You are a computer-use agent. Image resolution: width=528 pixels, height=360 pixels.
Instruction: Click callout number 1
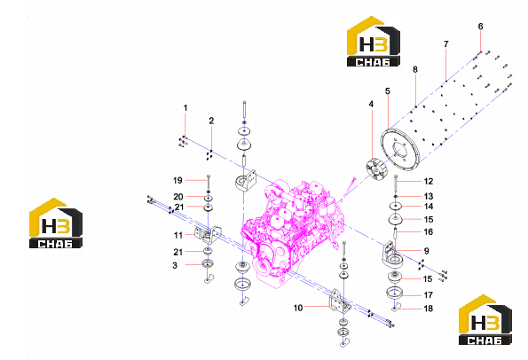point(185,108)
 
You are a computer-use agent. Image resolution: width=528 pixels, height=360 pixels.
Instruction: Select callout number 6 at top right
point(480,27)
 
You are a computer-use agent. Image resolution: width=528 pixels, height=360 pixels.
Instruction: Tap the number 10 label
point(298,308)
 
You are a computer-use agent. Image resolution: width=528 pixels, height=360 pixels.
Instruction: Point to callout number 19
point(177,181)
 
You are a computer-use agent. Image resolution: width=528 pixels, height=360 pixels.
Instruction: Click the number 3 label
point(175,265)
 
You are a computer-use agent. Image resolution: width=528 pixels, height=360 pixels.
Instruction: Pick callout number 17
point(428,295)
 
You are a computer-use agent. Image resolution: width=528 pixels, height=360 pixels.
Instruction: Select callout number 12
point(429,182)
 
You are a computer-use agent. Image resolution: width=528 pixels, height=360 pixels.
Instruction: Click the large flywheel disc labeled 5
point(399,149)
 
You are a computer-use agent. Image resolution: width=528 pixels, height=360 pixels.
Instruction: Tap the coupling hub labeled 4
point(376,169)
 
